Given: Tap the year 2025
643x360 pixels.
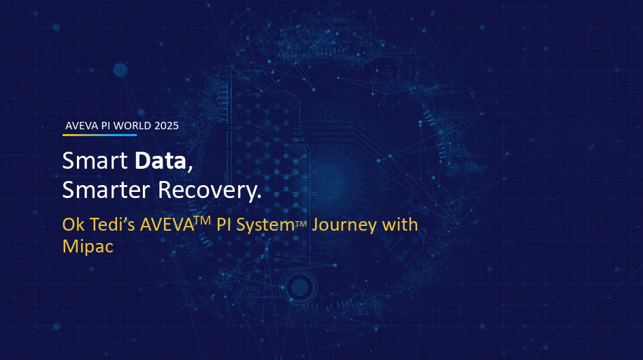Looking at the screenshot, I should (x=167, y=125).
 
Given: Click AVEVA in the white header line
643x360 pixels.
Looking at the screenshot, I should (x=81, y=125).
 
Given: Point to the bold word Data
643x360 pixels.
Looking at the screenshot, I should (x=160, y=161).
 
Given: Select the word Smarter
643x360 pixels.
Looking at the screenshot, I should (x=107, y=191).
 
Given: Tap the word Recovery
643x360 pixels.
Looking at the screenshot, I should (x=210, y=191).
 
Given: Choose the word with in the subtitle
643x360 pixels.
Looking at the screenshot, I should (x=400, y=225).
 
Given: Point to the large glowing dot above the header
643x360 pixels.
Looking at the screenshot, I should (x=120, y=69).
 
